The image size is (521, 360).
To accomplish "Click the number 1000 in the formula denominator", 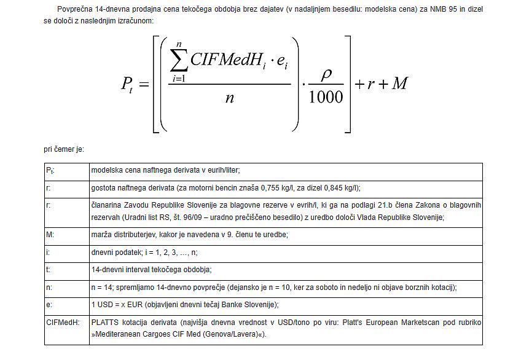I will point(326,96).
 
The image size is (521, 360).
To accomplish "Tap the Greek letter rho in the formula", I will point(326,72).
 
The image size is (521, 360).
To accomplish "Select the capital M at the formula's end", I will point(399,84).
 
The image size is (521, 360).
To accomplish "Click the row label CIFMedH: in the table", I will point(63,321).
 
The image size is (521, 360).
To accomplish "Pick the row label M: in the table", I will point(50,235).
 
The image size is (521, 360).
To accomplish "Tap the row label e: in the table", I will point(49,305).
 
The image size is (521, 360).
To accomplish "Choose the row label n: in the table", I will point(49,287).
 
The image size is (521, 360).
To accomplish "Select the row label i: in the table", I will point(48,252).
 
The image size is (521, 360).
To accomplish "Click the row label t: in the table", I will point(48,270).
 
